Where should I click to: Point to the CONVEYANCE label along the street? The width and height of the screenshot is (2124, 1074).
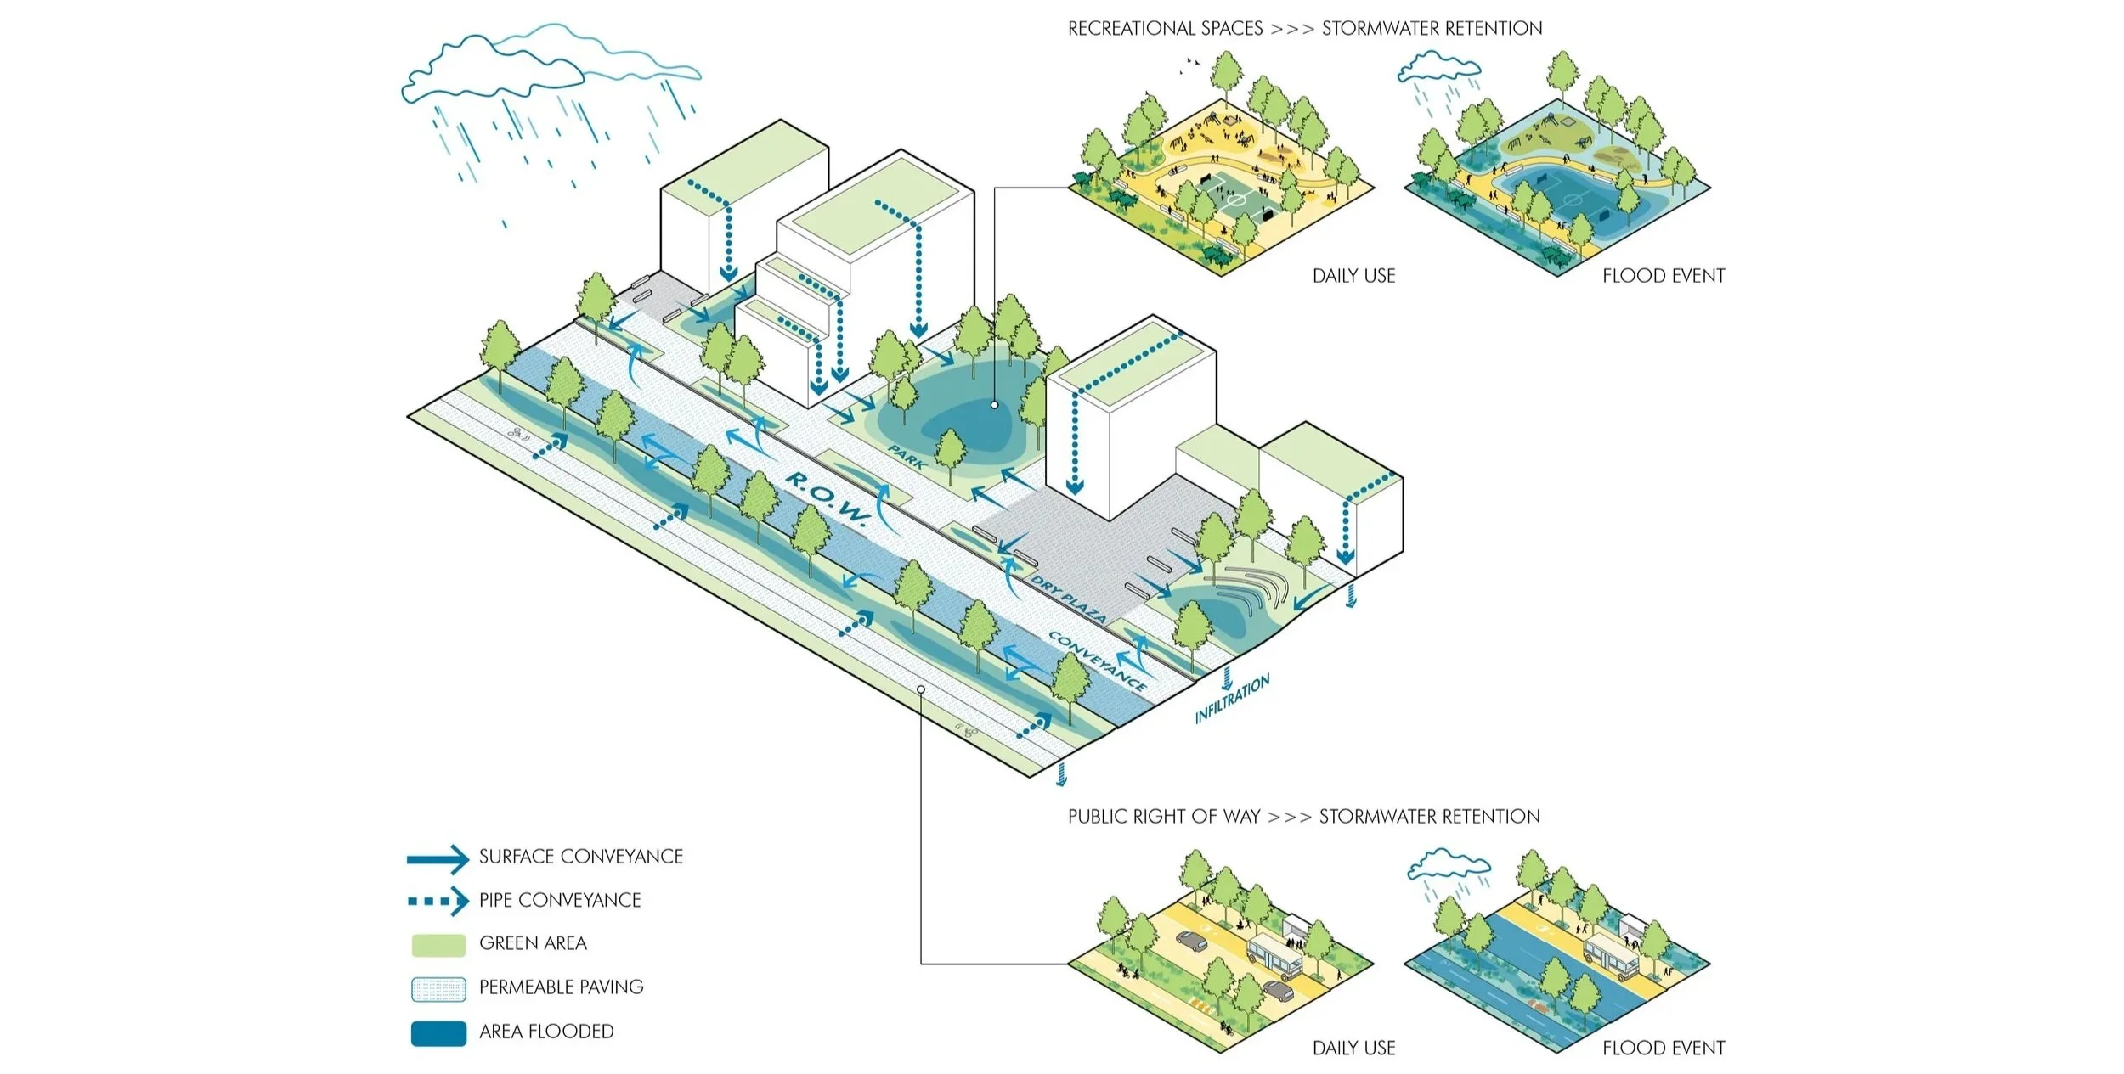[1096, 661]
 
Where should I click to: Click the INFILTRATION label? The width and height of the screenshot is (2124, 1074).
[1232, 698]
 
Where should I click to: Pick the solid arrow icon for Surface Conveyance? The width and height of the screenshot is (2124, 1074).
[438, 858]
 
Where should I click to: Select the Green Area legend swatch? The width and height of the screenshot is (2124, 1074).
[438, 944]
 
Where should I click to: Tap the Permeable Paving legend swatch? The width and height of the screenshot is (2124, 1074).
[438, 988]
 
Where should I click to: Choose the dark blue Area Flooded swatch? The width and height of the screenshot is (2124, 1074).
[438, 1032]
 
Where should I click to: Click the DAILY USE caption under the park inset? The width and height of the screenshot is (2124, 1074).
[1353, 276]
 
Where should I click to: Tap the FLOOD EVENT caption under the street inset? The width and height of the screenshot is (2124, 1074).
[1663, 1048]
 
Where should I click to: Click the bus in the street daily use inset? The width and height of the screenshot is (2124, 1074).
[1274, 954]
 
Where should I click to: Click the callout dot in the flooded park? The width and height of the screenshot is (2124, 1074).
[994, 406]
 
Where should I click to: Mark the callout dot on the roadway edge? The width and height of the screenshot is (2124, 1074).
[921, 689]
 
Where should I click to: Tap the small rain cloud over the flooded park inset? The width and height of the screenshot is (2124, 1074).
[1439, 68]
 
